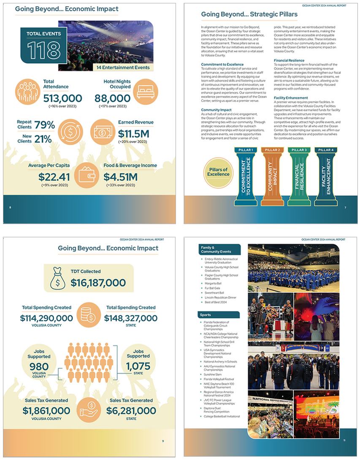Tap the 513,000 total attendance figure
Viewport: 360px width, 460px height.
point(62,98)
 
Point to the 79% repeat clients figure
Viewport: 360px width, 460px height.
point(45,125)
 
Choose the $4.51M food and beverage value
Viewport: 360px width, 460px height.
point(121,176)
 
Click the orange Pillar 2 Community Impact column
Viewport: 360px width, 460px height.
point(272,177)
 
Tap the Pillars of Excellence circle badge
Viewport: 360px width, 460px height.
point(218,171)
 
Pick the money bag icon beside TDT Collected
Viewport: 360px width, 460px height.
point(58,279)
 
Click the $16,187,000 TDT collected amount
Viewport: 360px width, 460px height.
point(98,283)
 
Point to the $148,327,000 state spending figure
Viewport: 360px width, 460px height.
point(131,318)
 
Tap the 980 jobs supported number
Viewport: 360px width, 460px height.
point(39,366)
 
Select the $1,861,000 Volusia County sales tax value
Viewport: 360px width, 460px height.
point(46,411)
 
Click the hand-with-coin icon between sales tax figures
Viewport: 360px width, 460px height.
point(88,409)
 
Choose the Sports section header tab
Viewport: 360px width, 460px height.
point(219,315)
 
